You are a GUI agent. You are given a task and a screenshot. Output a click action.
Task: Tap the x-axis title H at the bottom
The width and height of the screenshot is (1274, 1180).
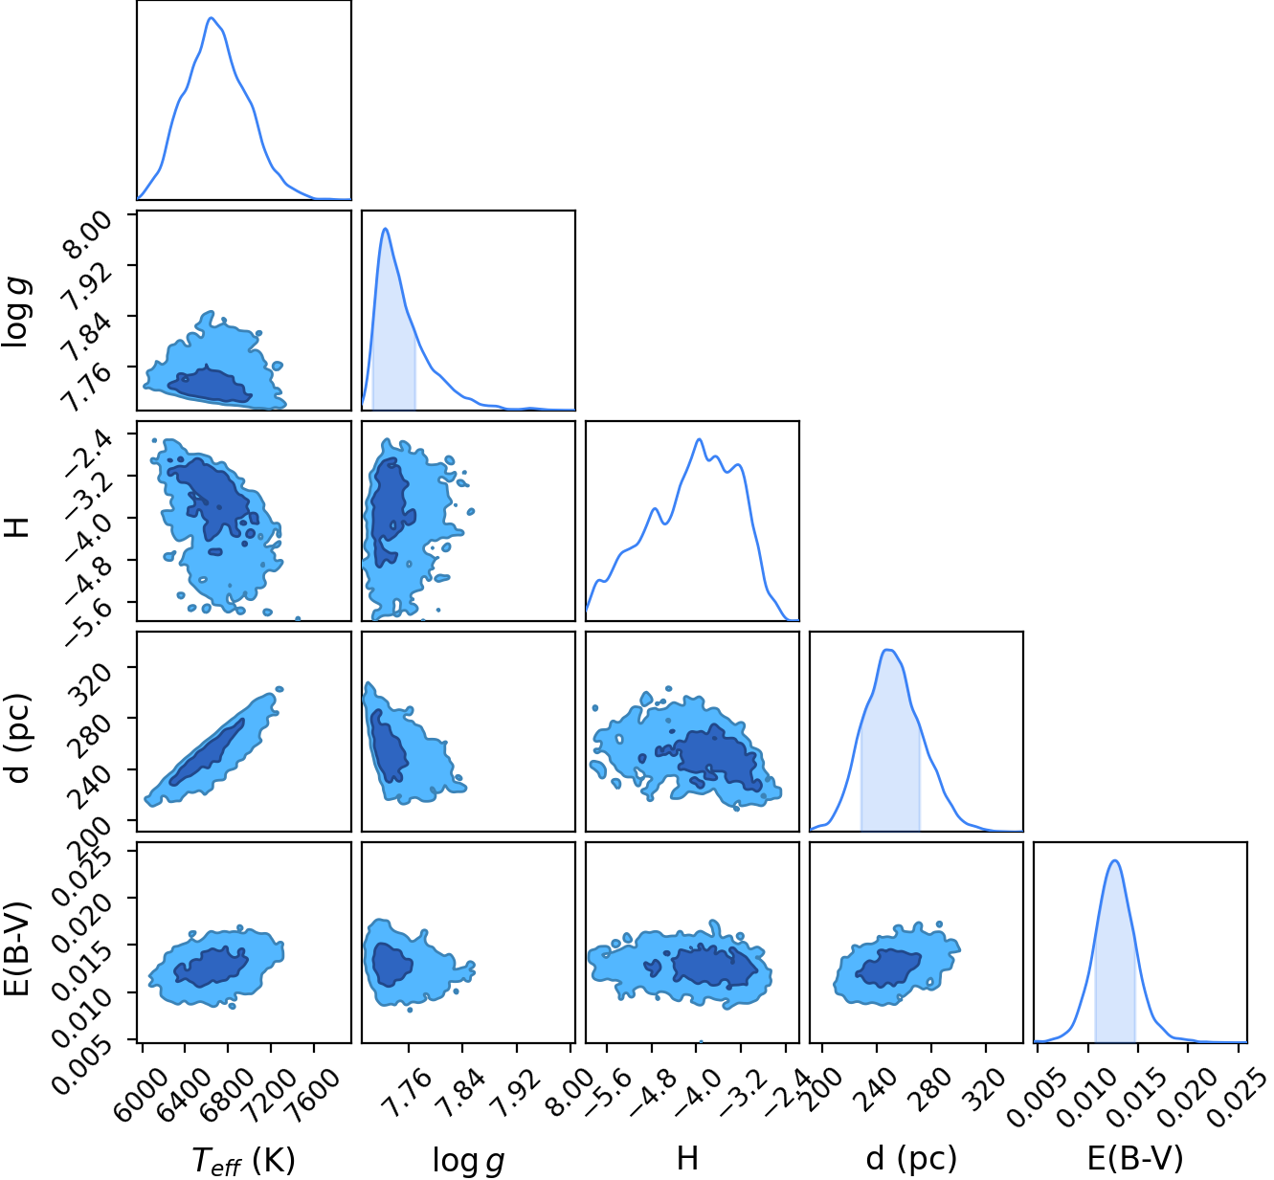687,1158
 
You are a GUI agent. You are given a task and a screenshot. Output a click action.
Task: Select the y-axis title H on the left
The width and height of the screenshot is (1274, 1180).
16,527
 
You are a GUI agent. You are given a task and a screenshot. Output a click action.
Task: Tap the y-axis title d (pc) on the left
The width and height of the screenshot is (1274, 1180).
17,739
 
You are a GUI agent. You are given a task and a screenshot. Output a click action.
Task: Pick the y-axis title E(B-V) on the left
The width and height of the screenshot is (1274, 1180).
17,949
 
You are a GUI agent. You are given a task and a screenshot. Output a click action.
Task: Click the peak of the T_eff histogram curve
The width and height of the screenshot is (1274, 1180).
211,17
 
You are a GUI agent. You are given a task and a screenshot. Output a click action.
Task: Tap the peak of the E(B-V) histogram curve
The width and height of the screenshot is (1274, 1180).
1115,860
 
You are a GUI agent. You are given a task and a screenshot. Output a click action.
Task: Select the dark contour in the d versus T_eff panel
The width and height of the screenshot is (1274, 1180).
207,752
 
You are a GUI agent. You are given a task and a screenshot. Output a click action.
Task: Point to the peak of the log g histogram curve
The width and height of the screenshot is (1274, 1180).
386,229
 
